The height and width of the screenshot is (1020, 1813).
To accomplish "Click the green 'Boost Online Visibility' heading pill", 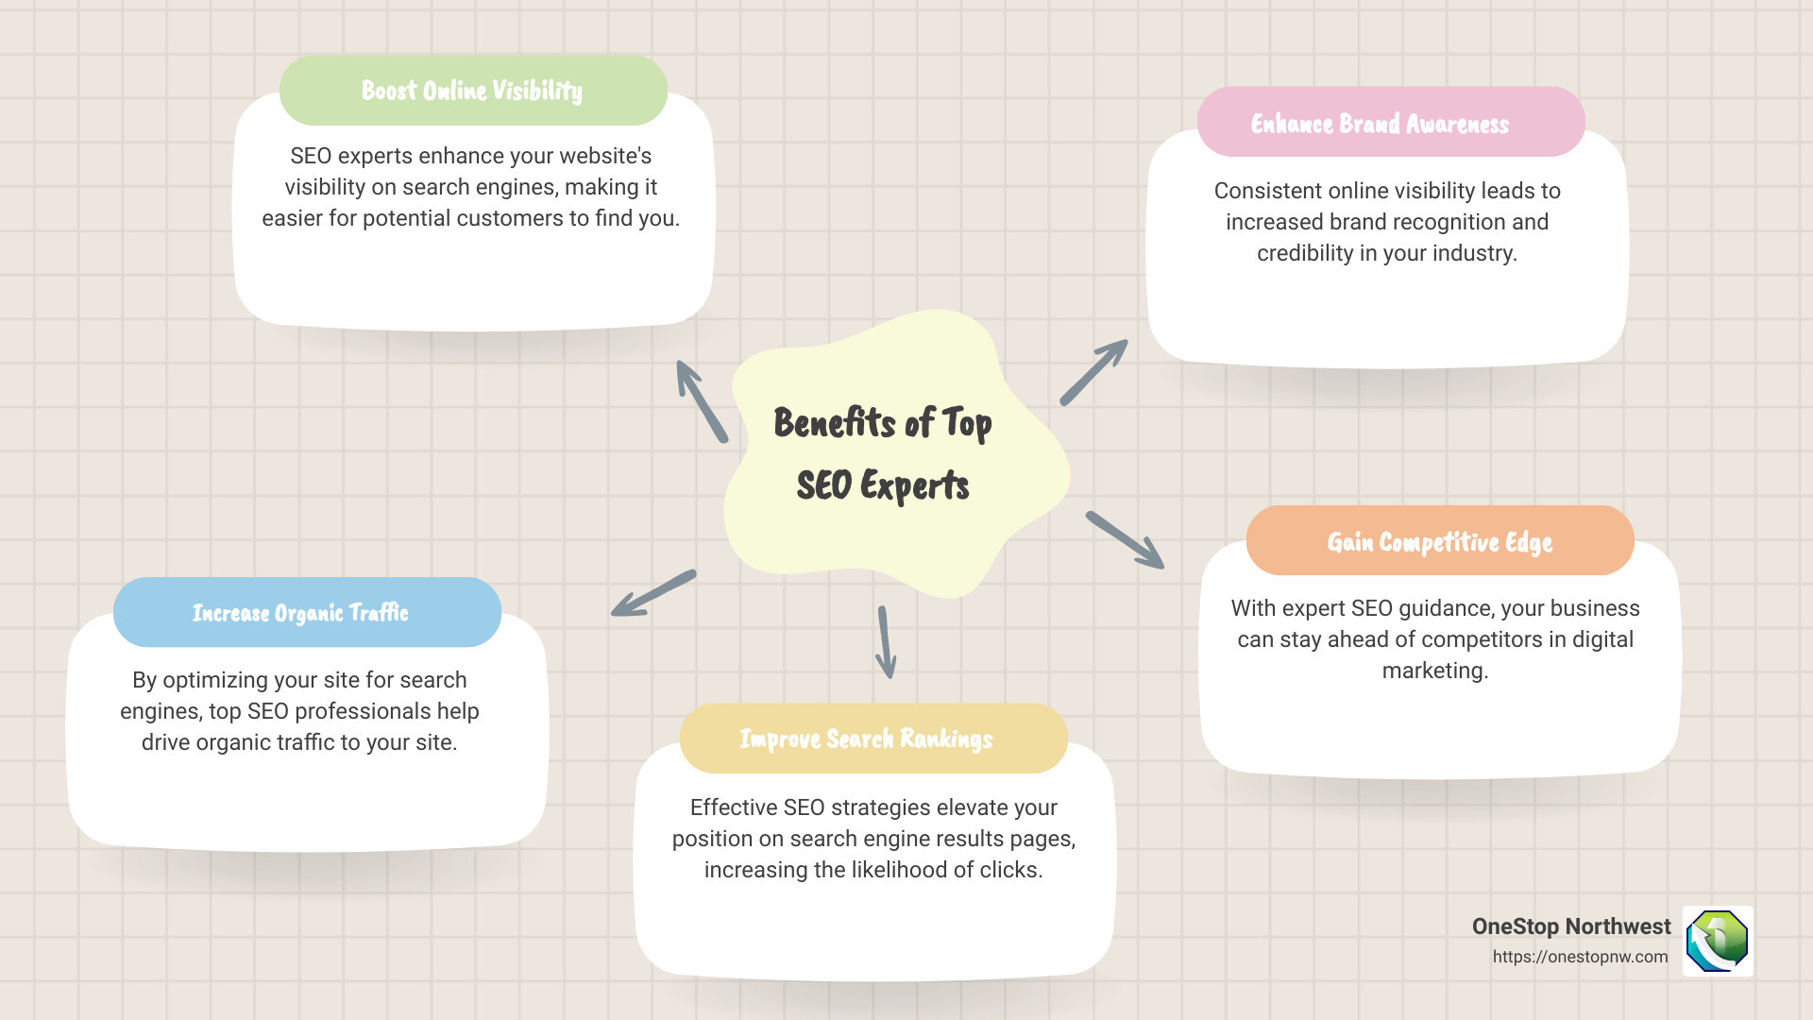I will click(x=472, y=91).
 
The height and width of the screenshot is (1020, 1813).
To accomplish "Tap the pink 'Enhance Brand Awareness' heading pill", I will click(x=1390, y=123).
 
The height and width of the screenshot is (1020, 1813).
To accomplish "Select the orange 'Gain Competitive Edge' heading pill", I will click(x=1439, y=541).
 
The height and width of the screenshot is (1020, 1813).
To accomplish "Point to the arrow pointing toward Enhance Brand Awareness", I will click(x=1093, y=372).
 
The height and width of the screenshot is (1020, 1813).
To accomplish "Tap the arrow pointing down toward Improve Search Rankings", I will click(x=886, y=642).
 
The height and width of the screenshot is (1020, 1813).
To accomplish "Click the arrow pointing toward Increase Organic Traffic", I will click(x=653, y=593).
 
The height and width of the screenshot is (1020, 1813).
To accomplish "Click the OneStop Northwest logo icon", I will click(x=1718, y=941).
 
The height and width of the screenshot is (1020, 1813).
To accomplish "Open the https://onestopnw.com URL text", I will click(x=1580, y=957).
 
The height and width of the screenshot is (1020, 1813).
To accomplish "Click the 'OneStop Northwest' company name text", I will click(x=1570, y=926).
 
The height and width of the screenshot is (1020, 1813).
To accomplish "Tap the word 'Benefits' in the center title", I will click(x=835, y=422).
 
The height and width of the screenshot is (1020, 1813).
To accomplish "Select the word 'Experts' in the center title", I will click(x=914, y=485).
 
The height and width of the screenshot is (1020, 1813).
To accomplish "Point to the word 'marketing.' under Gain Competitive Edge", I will click(x=1434, y=671).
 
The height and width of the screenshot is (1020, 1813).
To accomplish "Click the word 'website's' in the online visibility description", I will click(x=600, y=156).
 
